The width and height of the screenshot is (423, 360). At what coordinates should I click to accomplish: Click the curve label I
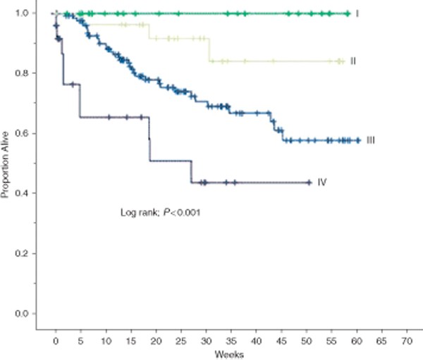(x=358, y=13)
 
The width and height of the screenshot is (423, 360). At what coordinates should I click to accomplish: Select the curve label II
(x=352, y=61)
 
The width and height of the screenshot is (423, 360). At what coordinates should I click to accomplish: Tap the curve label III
(x=369, y=141)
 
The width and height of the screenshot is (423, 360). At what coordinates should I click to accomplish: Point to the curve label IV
(x=321, y=182)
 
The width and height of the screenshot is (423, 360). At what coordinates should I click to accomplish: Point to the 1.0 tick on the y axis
(x=25, y=13)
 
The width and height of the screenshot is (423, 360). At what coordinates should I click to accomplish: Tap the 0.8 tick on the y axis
(x=25, y=73)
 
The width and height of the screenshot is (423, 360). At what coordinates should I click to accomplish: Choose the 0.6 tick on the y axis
(x=25, y=133)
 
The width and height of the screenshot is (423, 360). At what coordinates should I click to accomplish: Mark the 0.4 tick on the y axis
(x=25, y=193)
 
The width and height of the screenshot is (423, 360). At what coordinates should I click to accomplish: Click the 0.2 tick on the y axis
(x=25, y=253)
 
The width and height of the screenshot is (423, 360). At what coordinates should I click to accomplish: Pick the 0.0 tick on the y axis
(x=25, y=313)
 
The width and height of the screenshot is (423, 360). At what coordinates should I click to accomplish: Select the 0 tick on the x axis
(x=56, y=338)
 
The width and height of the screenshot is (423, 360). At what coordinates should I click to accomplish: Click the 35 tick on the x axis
(x=231, y=338)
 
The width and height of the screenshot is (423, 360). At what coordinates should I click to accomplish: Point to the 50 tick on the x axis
(x=306, y=338)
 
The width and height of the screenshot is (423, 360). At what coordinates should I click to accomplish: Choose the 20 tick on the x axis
(x=157, y=338)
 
